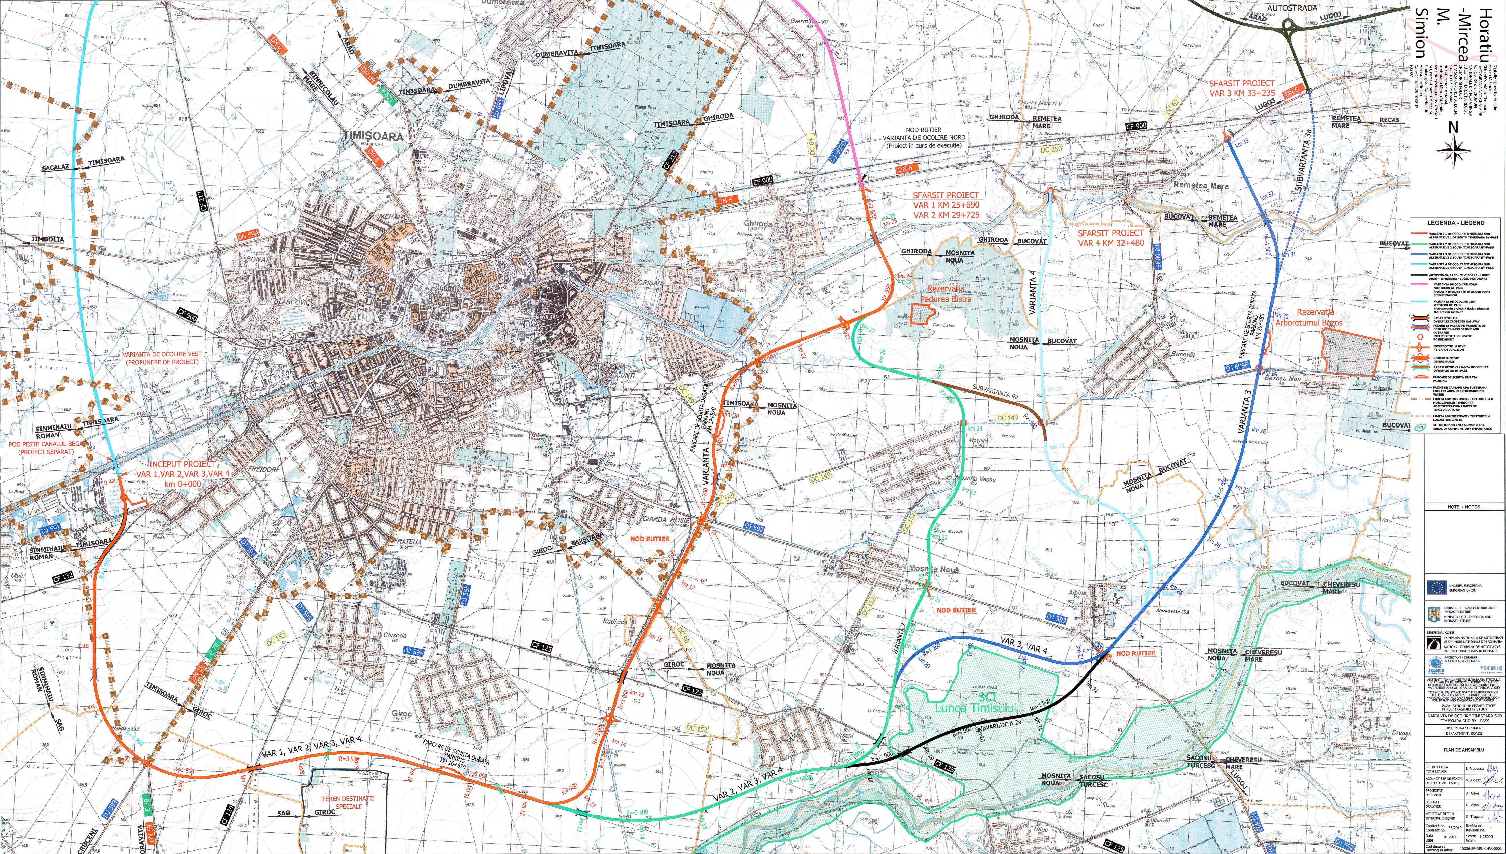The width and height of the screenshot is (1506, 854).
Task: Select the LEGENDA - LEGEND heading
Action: [1456, 223]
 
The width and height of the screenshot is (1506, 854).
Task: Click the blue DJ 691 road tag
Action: [498, 104]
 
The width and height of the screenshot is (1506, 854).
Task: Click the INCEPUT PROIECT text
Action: [182, 464]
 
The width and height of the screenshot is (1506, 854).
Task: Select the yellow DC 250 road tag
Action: [1051, 149]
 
